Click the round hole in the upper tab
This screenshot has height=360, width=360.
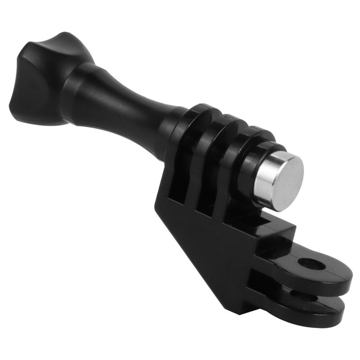[x=311, y=264]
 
